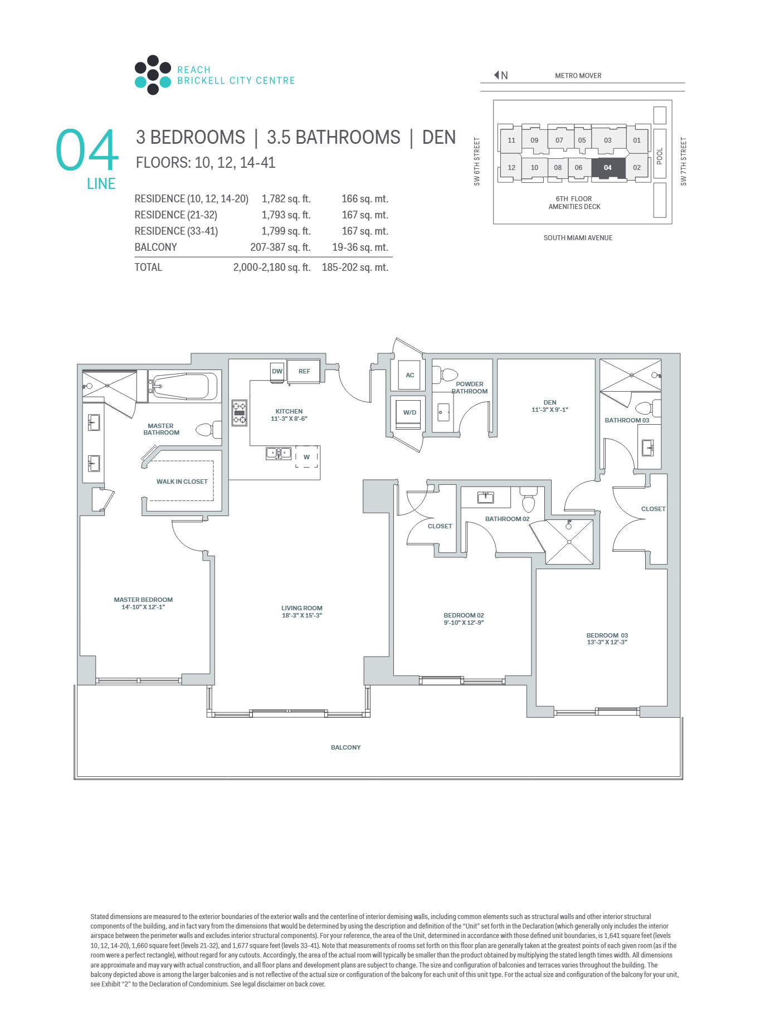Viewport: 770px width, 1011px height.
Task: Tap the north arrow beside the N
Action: [496, 75]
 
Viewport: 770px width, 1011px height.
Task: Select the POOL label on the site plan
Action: [660, 156]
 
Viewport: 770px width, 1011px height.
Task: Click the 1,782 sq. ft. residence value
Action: [286, 199]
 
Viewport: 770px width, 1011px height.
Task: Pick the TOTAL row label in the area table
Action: [148, 268]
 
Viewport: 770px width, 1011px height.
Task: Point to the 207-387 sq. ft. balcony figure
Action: [280, 247]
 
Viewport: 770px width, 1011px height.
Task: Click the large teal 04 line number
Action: [87, 150]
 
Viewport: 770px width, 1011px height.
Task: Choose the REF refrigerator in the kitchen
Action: [304, 372]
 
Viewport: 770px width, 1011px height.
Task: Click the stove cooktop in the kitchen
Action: [240, 413]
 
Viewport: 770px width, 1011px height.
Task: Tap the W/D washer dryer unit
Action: [410, 413]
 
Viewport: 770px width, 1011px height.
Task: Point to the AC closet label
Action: [410, 375]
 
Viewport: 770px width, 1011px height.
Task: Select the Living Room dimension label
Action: [302, 612]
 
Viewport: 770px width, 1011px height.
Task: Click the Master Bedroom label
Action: [143, 604]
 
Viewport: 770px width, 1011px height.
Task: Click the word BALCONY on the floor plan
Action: [346, 747]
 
